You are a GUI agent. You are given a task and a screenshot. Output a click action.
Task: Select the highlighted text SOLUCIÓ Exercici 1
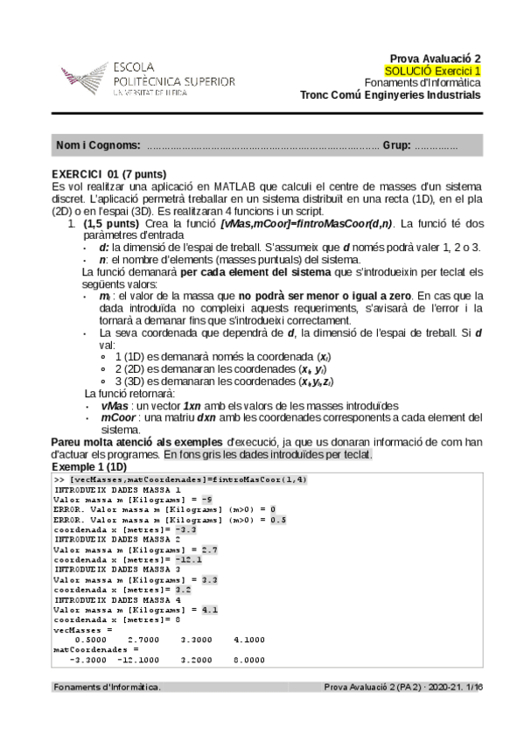[x=432, y=70]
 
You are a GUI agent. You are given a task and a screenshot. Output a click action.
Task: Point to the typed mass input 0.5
[x=276, y=519]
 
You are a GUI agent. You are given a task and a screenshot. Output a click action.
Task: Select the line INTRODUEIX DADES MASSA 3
[x=117, y=569]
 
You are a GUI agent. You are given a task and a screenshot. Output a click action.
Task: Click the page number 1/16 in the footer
[x=471, y=687]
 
